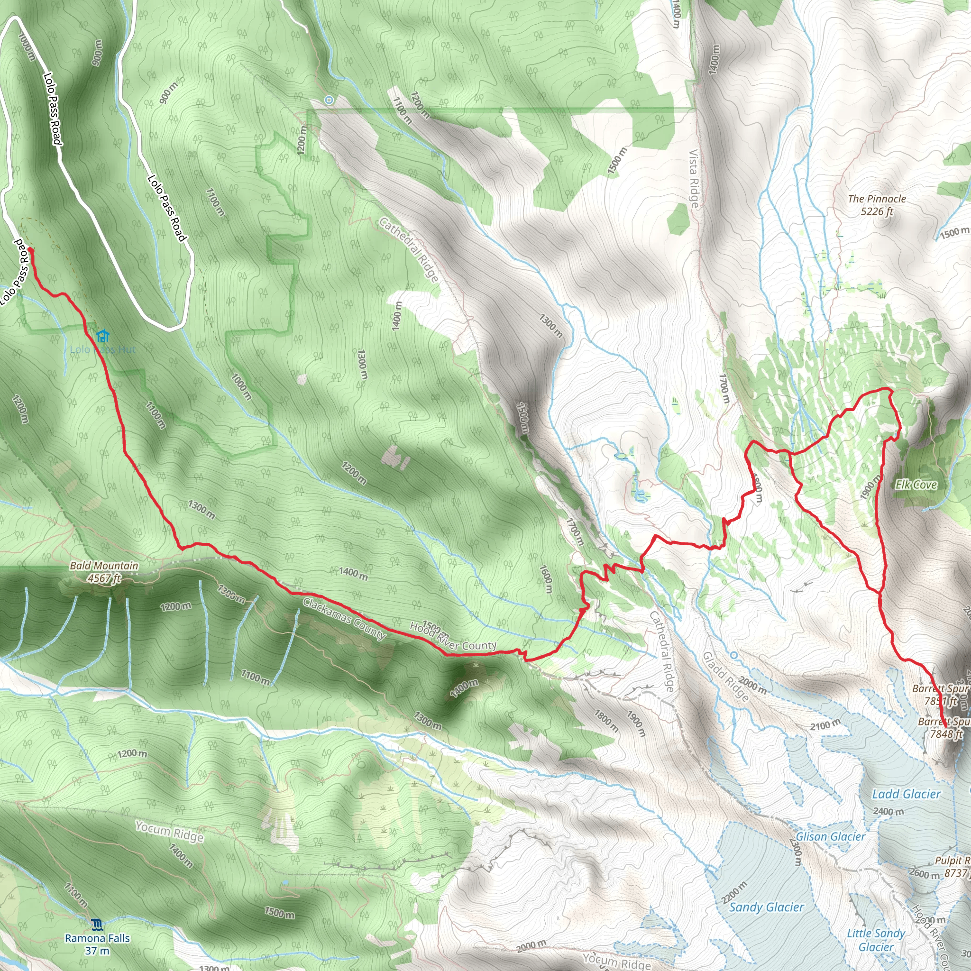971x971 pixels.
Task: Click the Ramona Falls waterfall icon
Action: point(98,924)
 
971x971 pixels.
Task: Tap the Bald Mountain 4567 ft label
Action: point(104,572)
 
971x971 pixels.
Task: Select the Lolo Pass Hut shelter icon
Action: point(103,335)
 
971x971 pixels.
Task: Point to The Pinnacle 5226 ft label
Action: point(877,205)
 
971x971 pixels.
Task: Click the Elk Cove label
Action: point(916,485)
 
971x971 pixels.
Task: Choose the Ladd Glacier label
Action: point(906,794)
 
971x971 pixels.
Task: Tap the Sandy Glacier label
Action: point(766,893)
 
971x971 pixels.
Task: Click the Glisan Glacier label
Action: point(830,836)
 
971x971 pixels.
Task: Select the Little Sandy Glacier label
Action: point(876,940)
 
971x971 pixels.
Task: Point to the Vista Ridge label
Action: point(694,178)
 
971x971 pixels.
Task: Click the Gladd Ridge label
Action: point(726,677)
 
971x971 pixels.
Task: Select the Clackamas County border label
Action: point(344,619)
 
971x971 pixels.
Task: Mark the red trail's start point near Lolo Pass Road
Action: point(31,249)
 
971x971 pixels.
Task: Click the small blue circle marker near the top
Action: point(329,100)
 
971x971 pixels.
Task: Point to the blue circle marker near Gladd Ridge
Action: point(734,655)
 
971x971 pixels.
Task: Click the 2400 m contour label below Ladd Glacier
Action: point(888,811)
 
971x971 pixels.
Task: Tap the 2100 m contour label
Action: point(825,725)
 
